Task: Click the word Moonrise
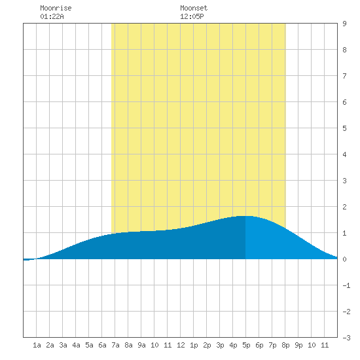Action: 56,8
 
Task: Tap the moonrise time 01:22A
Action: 52,16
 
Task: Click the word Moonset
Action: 194,8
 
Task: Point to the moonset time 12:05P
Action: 192,16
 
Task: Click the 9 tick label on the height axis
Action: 344,24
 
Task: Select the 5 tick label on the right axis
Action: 344,128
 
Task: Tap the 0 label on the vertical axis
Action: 344,259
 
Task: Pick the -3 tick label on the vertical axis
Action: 346,338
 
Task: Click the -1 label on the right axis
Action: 346,285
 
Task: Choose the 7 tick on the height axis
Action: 344,76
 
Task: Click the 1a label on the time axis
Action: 37,345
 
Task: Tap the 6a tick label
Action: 102,345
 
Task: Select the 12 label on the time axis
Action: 181,345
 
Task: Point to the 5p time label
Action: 246,345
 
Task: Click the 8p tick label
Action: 285,345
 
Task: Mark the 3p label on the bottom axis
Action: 220,345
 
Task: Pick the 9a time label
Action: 141,345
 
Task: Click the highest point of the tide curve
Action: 245,216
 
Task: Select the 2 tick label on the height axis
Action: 344,207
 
